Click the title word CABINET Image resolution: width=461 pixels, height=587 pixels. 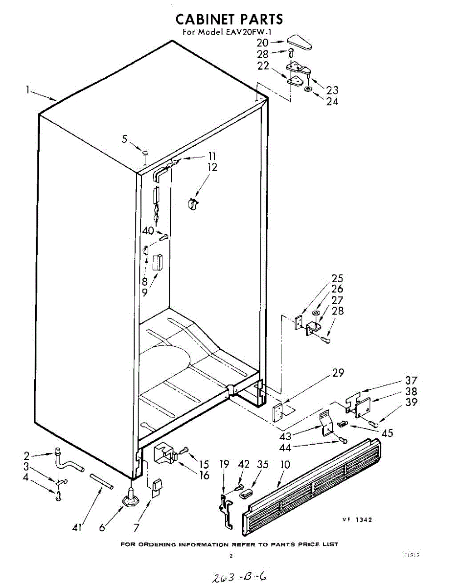(x=206, y=20)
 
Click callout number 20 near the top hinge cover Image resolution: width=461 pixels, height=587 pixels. (x=263, y=43)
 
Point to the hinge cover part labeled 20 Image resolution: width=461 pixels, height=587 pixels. (x=299, y=43)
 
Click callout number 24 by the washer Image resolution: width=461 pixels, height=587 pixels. (x=332, y=102)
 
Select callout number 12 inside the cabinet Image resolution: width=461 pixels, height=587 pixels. (x=212, y=167)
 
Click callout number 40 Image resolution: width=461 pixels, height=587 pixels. (x=148, y=231)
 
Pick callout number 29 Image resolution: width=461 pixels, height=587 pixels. (x=338, y=373)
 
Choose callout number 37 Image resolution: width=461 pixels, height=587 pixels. (x=411, y=381)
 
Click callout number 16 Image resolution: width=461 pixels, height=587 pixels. (x=204, y=475)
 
